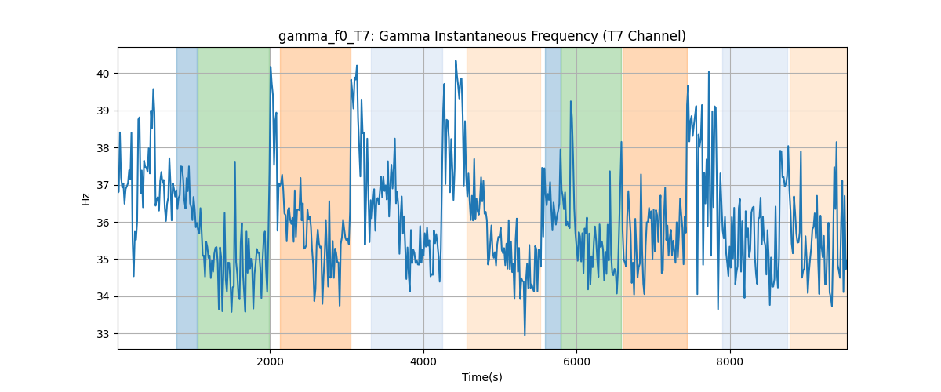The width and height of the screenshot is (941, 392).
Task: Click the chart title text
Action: point(481,37)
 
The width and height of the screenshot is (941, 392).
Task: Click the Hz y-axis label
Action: point(85,199)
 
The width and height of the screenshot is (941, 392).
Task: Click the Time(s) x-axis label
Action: point(481,377)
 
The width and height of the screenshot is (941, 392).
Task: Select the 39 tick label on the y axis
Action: point(103,111)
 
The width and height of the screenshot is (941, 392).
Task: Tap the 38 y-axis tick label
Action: point(103,148)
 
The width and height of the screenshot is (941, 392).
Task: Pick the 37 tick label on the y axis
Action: point(103,185)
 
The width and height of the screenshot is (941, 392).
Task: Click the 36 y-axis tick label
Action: point(103,223)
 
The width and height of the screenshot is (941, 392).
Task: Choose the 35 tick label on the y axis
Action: point(103,260)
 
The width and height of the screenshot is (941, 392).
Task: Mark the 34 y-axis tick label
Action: point(103,296)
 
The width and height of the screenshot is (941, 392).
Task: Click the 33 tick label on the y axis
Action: point(103,334)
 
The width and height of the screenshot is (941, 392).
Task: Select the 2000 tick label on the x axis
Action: point(270,361)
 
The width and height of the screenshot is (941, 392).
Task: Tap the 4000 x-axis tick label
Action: point(423,361)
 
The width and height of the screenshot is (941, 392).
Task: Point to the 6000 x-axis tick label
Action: point(577,361)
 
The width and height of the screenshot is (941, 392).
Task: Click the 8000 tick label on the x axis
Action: point(730,361)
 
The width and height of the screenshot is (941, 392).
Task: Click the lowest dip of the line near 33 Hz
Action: point(525,335)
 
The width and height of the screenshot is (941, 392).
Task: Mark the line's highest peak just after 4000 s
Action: point(456,61)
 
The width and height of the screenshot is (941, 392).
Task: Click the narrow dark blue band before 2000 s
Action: point(187,198)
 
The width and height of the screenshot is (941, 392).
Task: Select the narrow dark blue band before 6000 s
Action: point(553,198)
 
